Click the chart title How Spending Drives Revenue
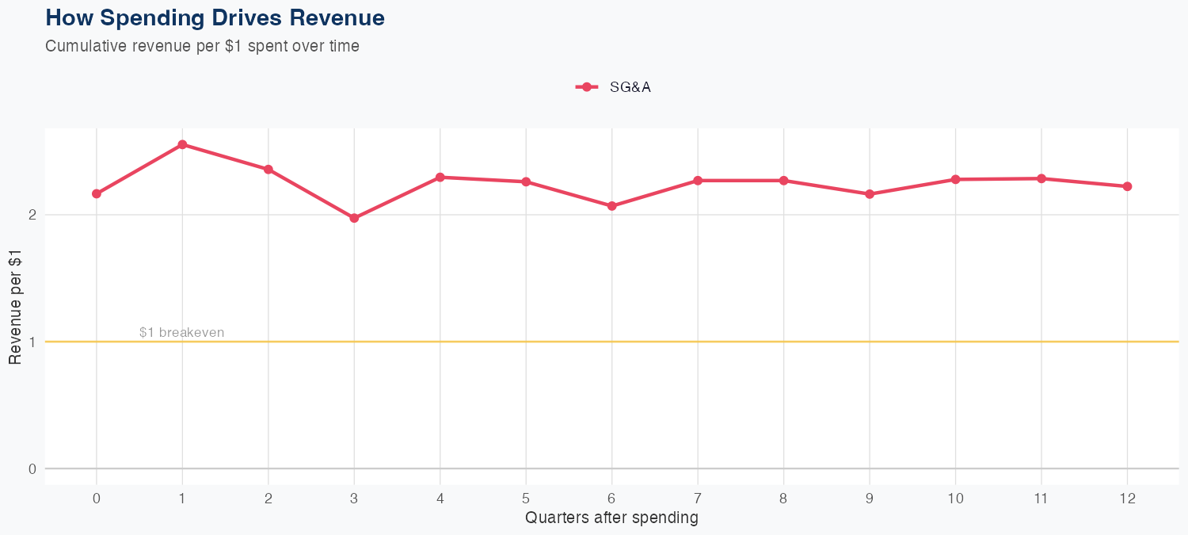[x=215, y=17]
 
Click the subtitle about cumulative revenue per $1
[x=202, y=46]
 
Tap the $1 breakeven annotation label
[x=181, y=332]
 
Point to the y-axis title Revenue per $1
[x=14, y=306]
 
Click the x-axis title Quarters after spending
[x=611, y=518]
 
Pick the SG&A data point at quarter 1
[x=182, y=144]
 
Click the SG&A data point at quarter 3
[x=354, y=218]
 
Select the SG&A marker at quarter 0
[x=97, y=193]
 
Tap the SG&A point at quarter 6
[x=611, y=206]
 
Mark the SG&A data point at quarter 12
[x=1127, y=186]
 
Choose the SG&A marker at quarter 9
[x=870, y=194]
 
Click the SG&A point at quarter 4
[x=440, y=177]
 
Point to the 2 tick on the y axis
[x=32, y=215]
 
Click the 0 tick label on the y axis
[x=32, y=468]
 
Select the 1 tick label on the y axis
[x=32, y=342]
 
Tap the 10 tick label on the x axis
[x=955, y=499]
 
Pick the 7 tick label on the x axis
[x=698, y=499]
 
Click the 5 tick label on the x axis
[x=526, y=499]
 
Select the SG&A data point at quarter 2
[x=268, y=170]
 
